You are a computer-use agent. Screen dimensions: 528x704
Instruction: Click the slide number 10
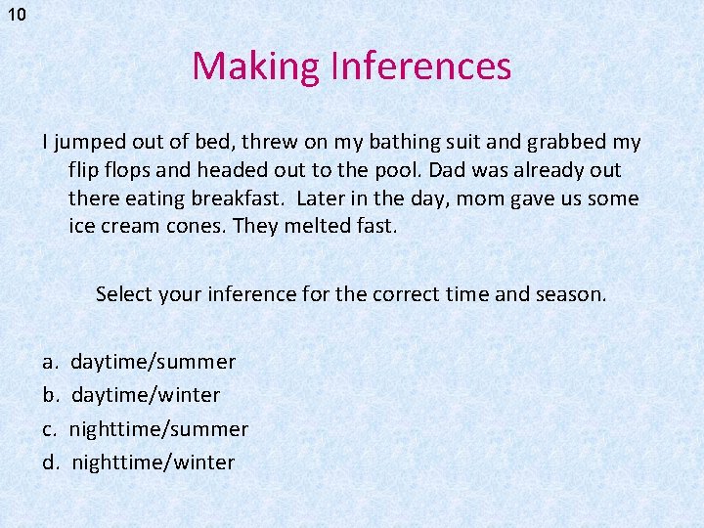pyautogui.click(x=16, y=15)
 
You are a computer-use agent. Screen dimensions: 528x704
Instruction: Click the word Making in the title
pyautogui.click(x=256, y=66)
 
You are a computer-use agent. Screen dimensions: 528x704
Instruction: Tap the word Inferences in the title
pyautogui.click(x=420, y=66)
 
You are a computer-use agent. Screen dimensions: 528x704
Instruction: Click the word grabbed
pyautogui.click(x=567, y=143)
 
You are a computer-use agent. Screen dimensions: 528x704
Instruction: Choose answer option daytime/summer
pyautogui.click(x=154, y=363)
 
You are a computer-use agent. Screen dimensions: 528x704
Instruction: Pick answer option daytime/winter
pyautogui.click(x=146, y=396)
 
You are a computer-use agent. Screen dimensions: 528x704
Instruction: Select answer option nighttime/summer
pyautogui.click(x=158, y=429)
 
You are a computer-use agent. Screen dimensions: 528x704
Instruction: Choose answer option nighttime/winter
pyautogui.click(x=153, y=462)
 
